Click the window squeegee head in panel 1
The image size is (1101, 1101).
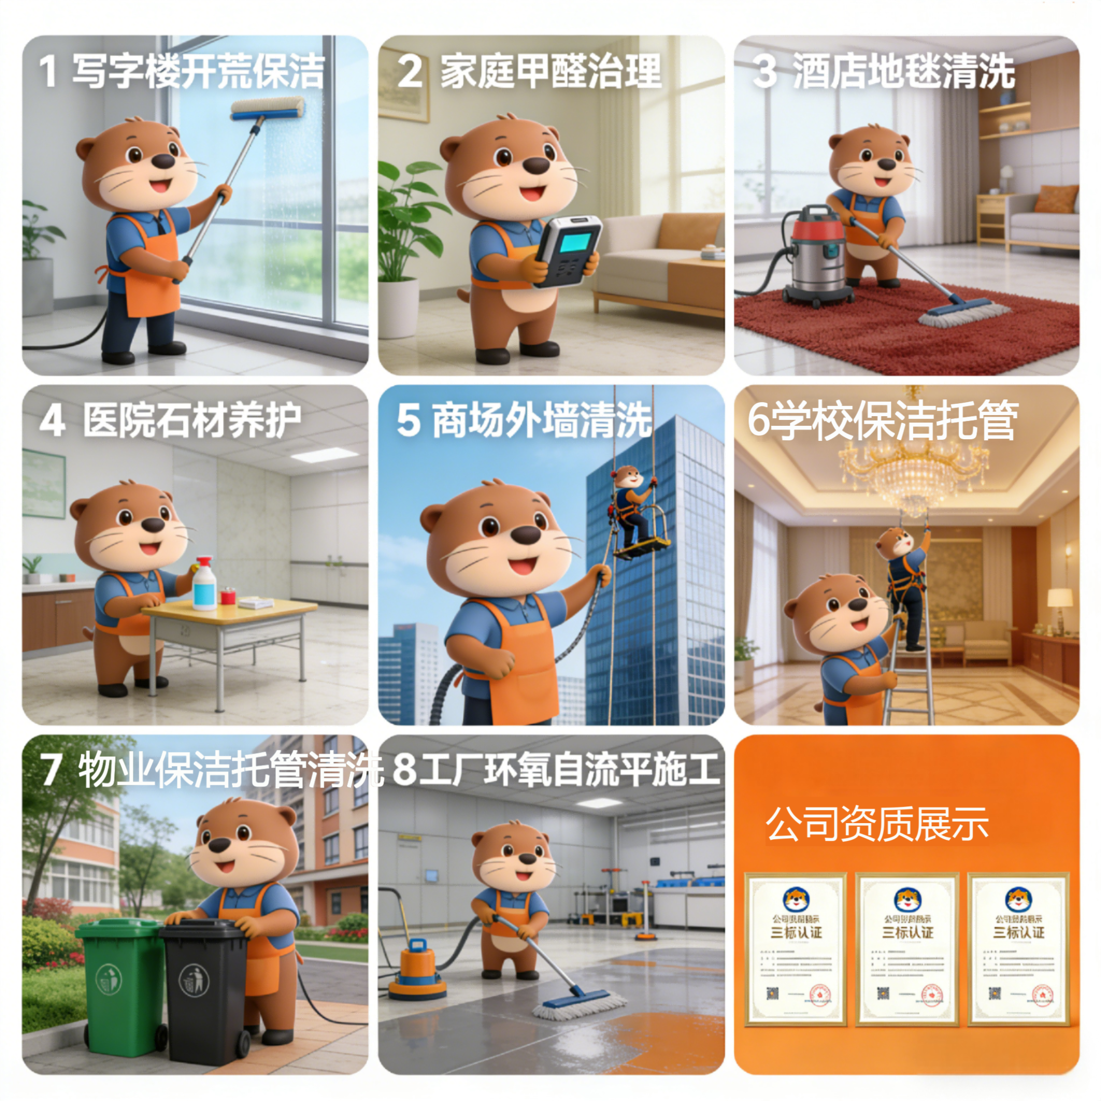pos(267,109)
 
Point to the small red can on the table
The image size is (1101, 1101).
pos(228,597)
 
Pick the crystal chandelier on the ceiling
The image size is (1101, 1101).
pos(913,471)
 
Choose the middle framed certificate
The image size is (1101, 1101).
pos(907,949)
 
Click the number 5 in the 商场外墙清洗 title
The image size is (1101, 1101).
pos(408,420)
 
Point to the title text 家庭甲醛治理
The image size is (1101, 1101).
pos(550,72)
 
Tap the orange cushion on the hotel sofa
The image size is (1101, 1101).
pos(1055,199)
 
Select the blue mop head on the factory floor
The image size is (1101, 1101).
pos(577,999)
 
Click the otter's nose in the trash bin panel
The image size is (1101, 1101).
pos(219,845)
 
